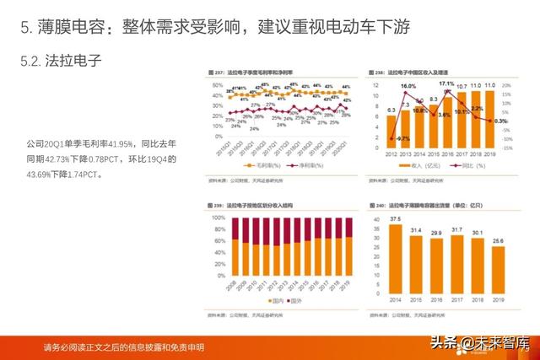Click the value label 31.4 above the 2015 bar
pos(416,230)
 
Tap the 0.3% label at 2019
pos(500,122)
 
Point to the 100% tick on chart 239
pos(217,218)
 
